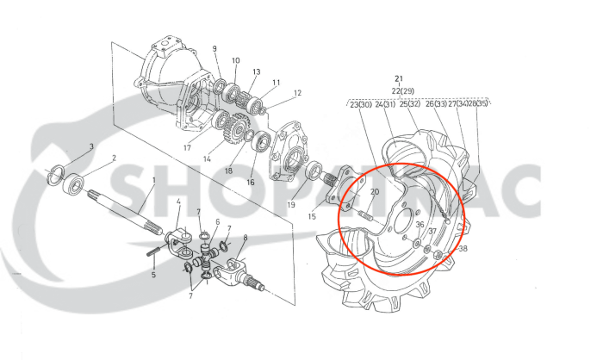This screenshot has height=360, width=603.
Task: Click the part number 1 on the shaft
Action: pos(153,181)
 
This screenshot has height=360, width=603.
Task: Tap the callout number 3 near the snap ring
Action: pos(91,147)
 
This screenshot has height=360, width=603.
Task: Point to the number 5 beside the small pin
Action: pos(154,276)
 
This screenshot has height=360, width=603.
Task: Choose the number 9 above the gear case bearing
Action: pos(214,48)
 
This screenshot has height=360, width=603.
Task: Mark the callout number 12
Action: pos(297,93)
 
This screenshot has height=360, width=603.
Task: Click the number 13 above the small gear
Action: pos(257,71)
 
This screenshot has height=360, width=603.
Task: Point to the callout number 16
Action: pos(252,182)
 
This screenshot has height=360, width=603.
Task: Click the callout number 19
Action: pos(291,205)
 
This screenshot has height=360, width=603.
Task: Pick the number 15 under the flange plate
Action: pos(312,216)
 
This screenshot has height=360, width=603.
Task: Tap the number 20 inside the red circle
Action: pos(375,191)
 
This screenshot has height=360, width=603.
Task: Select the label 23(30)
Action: pos(360,104)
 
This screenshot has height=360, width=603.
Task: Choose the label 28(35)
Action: pos(477,104)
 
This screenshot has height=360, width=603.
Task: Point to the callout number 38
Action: pos(463,249)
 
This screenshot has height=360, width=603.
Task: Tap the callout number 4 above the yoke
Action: pos(178,202)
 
